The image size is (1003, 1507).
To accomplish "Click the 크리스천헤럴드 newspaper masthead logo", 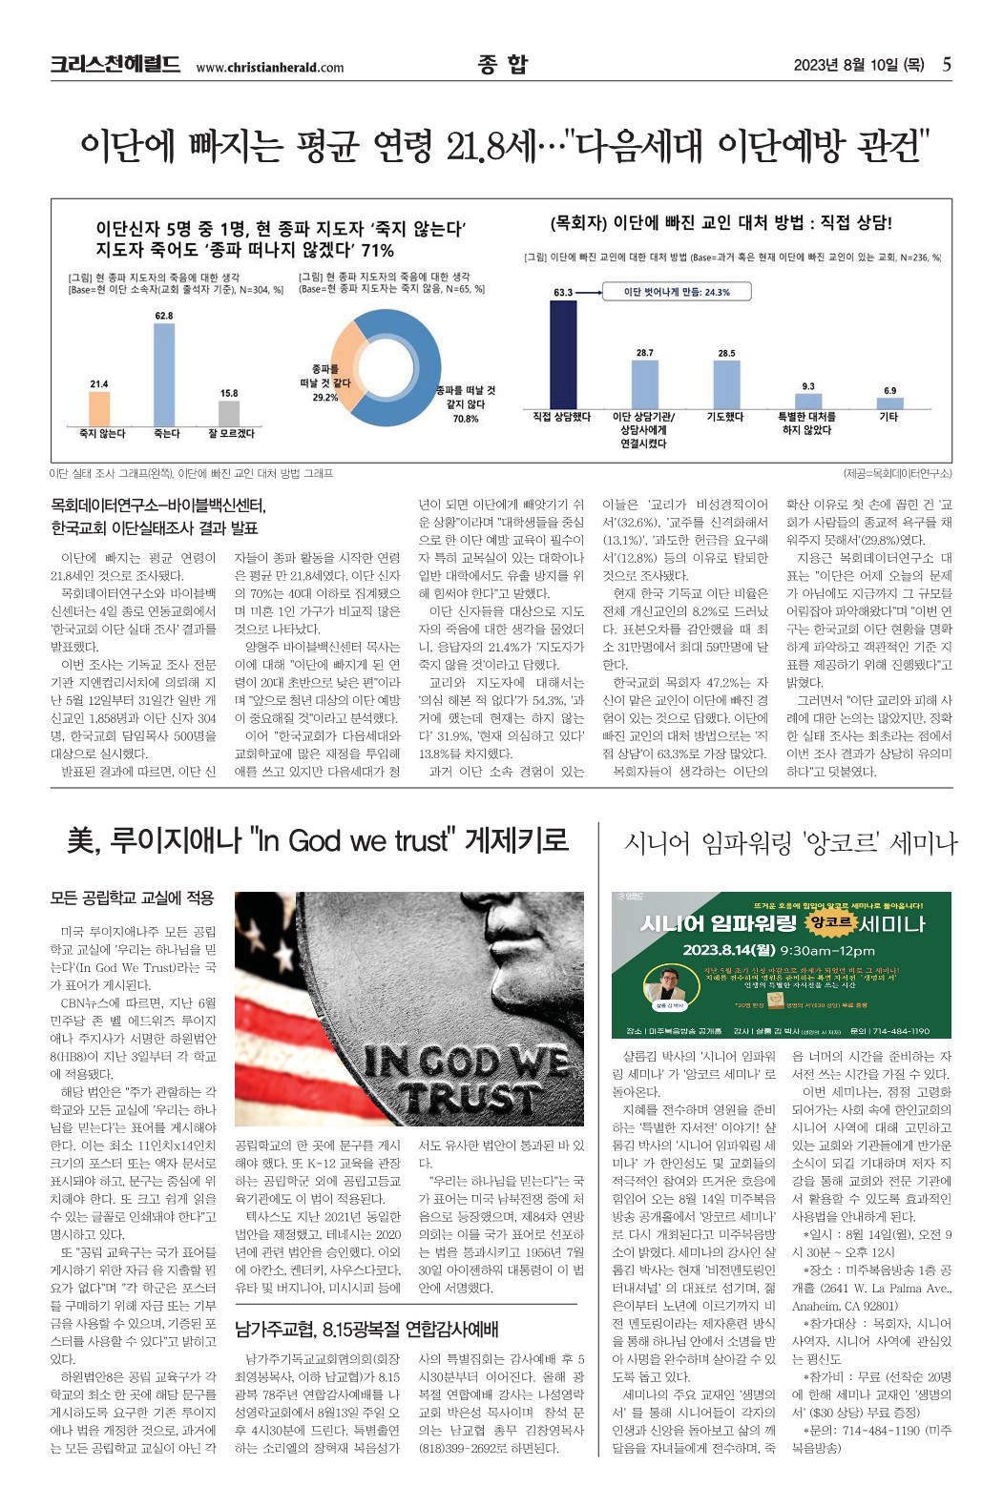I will [x=115, y=65].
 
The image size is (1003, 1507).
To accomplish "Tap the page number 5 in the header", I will [x=946, y=65].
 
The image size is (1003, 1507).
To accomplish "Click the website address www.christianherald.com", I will [x=269, y=68].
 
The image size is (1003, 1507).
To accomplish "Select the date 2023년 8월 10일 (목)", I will [x=858, y=65].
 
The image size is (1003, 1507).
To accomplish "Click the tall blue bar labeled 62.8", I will [x=164, y=374].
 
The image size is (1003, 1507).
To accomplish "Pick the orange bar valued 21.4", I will [x=99, y=408].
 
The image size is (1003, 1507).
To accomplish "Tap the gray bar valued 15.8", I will [x=229, y=413].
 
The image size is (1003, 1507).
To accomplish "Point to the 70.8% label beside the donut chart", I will [x=466, y=419].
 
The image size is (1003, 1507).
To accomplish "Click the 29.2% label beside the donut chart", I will [x=325, y=398].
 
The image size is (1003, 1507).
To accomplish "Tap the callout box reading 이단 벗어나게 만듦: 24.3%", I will [x=677, y=292].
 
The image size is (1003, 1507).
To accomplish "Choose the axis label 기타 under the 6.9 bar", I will [x=888, y=417].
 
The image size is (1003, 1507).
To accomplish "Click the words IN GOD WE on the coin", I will [x=468, y=1062].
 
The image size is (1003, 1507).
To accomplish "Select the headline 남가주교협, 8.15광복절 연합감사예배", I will [x=366, y=1329].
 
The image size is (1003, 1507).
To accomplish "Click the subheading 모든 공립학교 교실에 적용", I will [x=133, y=898].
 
